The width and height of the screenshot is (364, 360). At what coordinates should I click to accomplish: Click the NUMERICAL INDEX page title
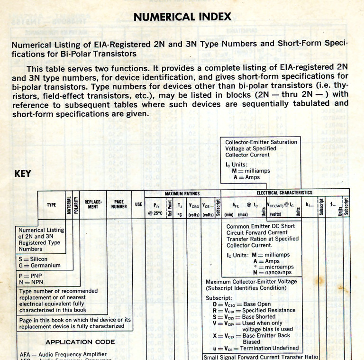(182, 17)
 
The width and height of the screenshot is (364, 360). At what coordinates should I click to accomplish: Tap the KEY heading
(23, 174)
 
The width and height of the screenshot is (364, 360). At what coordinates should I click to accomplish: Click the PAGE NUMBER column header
(119, 205)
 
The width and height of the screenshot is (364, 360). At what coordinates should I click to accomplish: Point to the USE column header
(138, 205)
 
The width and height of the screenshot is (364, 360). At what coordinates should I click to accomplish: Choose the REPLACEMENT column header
(93, 205)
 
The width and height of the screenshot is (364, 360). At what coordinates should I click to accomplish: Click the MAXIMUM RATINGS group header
(182, 194)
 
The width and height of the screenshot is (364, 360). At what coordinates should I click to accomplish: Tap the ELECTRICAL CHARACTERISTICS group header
(284, 193)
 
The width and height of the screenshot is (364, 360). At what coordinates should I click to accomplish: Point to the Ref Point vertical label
(169, 207)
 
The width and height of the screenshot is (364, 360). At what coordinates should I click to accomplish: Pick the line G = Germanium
(39, 266)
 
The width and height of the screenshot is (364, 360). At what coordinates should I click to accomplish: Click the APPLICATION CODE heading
(80, 342)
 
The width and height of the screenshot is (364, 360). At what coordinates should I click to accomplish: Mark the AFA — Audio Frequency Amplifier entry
(64, 354)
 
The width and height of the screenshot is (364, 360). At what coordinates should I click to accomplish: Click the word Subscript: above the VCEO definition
(219, 298)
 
